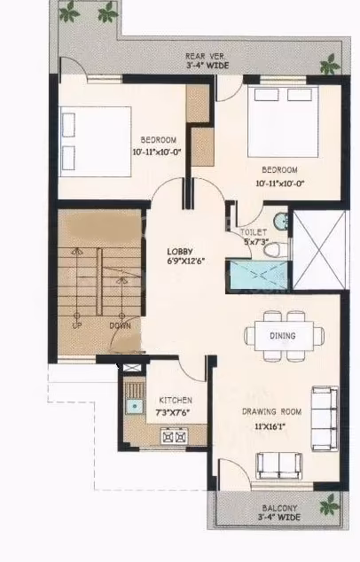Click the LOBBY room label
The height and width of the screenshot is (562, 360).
pyautogui.click(x=180, y=251)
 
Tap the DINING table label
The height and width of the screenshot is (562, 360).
pyautogui.click(x=283, y=336)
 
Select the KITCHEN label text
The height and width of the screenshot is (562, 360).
pyautogui.click(x=176, y=401)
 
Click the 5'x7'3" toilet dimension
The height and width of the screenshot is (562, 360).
pyautogui.click(x=256, y=242)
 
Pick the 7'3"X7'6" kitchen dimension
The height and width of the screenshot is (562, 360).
pyautogui.click(x=173, y=412)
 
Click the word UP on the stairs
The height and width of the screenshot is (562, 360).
pyautogui.click(x=76, y=326)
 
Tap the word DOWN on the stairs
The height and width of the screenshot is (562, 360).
pyautogui.click(x=120, y=326)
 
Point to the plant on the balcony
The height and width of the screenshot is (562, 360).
pyautogui.click(x=330, y=504)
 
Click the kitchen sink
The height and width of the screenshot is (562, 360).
pyautogui.click(x=135, y=406)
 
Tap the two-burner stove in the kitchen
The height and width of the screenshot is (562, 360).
pyautogui.click(x=174, y=436)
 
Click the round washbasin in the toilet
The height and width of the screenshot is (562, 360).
pyautogui.click(x=281, y=222)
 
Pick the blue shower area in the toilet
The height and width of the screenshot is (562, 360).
pyautogui.click(x=258, y=276)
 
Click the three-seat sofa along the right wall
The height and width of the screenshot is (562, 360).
pyautogui.click(x=325, y=418)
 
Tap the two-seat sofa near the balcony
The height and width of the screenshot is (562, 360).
pyautogui.click(x=279, y=465)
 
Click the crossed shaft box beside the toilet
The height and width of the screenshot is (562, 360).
pyautogui.click(x=319, y=249)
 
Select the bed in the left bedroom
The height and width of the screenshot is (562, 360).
pyautogui.click(x=95, y=142)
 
